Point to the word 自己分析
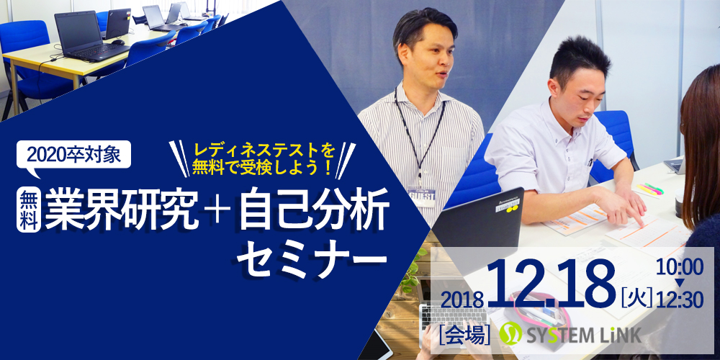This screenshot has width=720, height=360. pos(313,210)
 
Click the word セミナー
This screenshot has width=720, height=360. pos(312,258)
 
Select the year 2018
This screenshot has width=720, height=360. pos(462,300)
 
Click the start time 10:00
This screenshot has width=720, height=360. pos(680,267)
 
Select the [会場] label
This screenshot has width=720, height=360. pos(464,334)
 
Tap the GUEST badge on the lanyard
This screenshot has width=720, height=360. pos(421,196)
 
